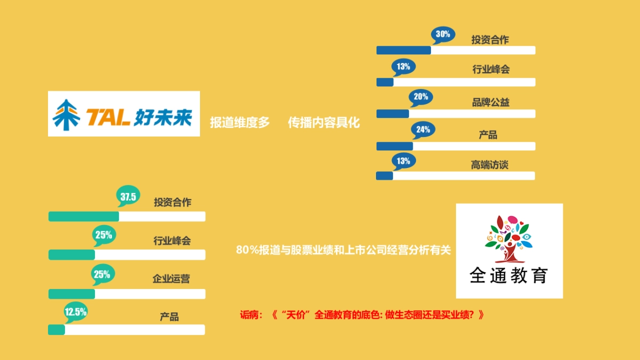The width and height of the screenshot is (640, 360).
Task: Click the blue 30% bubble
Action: [443, 35]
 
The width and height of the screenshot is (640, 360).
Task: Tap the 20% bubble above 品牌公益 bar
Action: [420, 97]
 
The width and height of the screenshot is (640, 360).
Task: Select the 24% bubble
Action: [423, 130]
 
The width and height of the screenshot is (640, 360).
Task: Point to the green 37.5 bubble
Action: [128, 197]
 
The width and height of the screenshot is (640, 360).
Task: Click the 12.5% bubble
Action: [75, 313]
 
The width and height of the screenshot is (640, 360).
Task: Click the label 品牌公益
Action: [491, 102]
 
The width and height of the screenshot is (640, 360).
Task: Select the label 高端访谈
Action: [490, 165]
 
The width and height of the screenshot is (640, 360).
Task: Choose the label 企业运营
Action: [171, 278]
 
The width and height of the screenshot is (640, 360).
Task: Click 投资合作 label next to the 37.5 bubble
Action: [172, 202]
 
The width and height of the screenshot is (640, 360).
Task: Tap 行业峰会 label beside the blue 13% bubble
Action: [491, 69]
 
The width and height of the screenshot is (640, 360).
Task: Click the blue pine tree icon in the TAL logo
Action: [66, 115]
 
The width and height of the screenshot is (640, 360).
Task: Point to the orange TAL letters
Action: [108, 117]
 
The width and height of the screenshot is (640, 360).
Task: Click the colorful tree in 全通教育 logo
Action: [508, 238]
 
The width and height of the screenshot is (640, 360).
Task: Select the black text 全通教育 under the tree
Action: [509, 276]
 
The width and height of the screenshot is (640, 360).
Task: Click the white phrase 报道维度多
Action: [240, 123]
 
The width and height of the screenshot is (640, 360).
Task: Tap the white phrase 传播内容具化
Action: [324, 123]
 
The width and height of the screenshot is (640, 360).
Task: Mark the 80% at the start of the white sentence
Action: [246, 250]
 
